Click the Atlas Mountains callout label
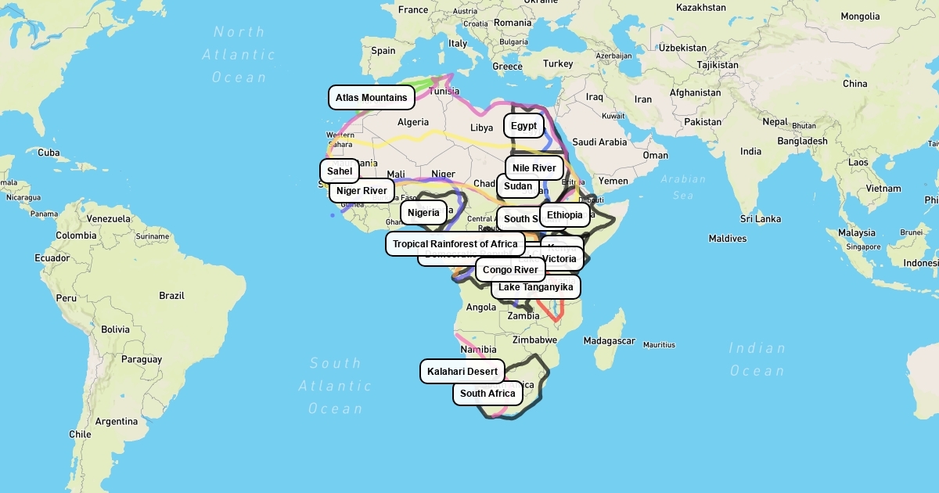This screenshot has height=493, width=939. [372, 98]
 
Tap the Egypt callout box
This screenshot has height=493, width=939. [523, 126]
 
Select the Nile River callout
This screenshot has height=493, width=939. [534, 168]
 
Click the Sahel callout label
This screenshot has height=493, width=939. [340, 171]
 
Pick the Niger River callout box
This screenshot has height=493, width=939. [362, 191]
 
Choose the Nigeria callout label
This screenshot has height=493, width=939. [423, 213]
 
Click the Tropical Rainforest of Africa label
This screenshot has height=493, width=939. [455, 244]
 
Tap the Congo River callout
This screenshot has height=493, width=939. [510, 270]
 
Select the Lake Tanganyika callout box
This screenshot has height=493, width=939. [536, 287]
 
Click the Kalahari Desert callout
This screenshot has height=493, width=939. [462, 372]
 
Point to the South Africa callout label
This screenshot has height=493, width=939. [487, 394]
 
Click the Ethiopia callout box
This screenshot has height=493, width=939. [564, 215]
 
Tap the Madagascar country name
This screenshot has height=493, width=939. [609, 341]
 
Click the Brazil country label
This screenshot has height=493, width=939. [171, 296]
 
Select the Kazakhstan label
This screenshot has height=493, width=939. [700, 7]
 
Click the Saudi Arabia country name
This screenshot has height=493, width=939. [599, 142]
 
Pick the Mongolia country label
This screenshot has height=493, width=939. [860, 16]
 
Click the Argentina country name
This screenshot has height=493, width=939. [116, 422]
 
